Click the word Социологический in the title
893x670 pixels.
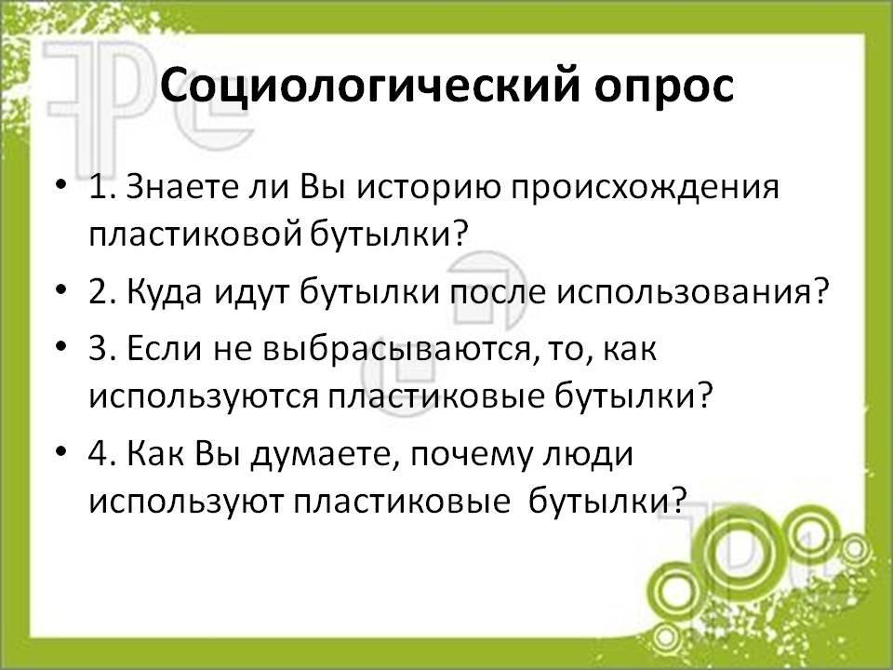coord(369,86)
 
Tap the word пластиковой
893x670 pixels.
coord(194,234)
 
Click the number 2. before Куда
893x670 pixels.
coord(103,293)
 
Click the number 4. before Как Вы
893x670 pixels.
coord(103,454)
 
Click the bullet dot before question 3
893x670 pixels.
coord(61,347)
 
